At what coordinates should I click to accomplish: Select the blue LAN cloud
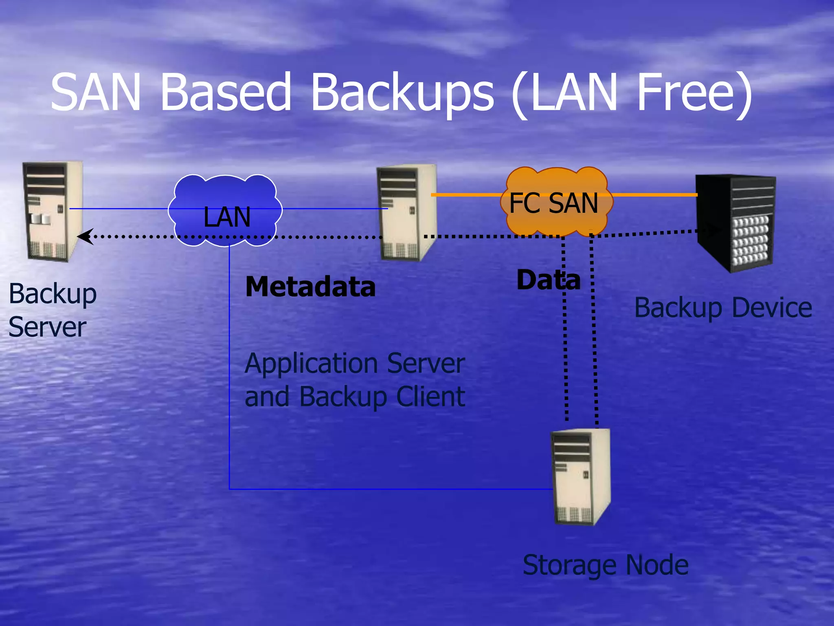click(225, 210)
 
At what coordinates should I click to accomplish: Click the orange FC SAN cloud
click(556, 202)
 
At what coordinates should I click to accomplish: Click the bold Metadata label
click(310, 287)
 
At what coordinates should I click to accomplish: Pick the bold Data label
click(548, 280)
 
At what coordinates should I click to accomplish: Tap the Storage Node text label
click(606, 565)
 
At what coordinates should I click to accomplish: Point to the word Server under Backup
click(47, 327)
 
